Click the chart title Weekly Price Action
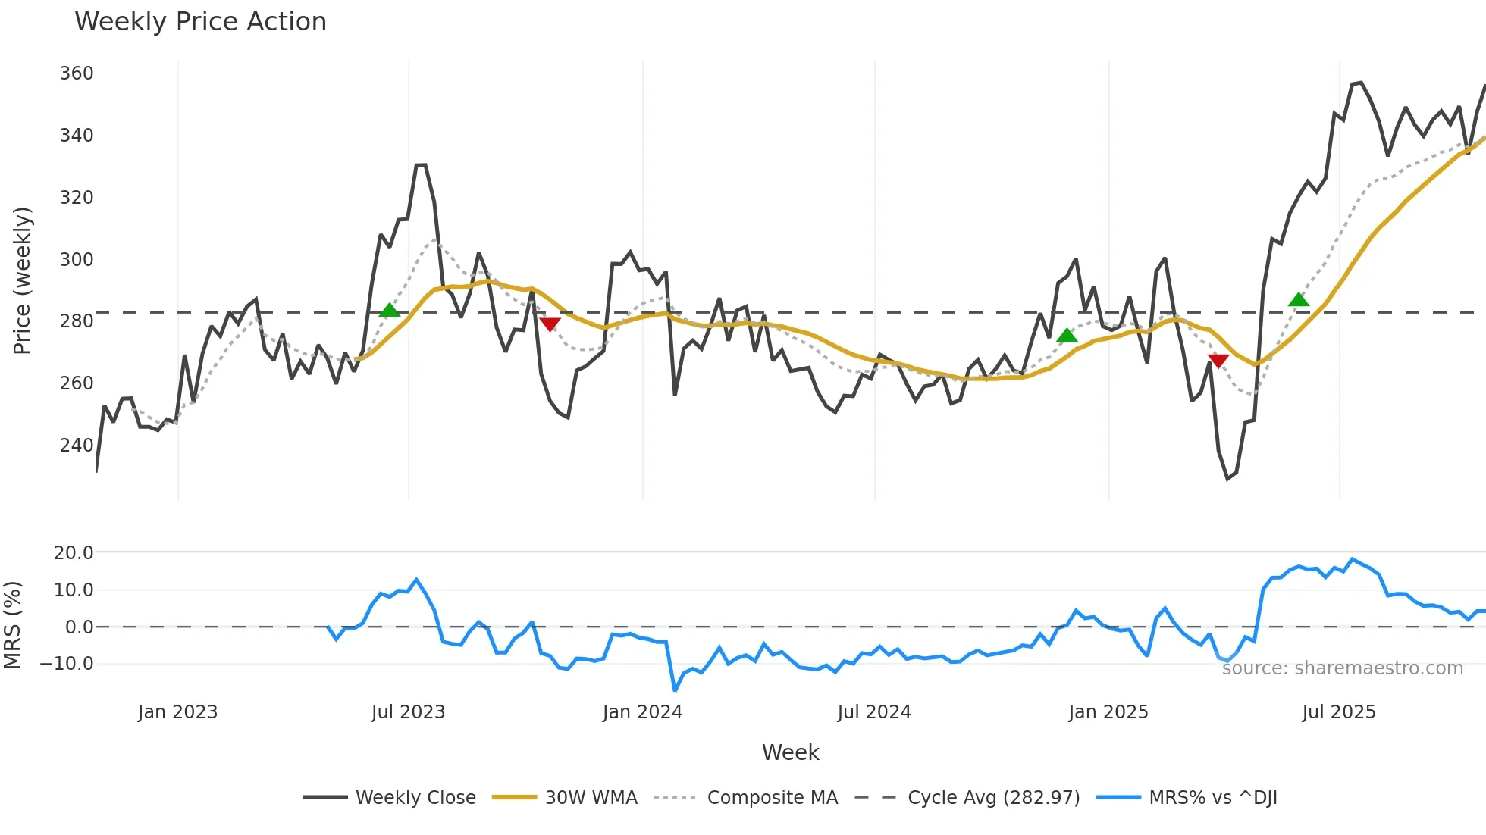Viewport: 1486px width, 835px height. pyautogui.click(x=200, y=22)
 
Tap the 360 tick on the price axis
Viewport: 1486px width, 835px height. pyautogui.click(x=77, y=73)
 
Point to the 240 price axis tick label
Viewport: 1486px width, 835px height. pyautogui.click(x=77, y=445)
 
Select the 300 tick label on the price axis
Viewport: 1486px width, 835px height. pyautogui.click(x=77, y=259)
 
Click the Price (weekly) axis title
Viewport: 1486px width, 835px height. pyautogui.click(x=22, y=280)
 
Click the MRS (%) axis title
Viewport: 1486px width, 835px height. pyautogui.click(x=13, y=625)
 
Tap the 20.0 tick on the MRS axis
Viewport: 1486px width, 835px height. pyautogui.click(x=74, y=553)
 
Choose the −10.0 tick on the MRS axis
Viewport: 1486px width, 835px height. pyautogui.click(x=67, y=664)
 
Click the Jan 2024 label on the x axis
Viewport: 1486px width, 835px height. pyautogui.click(x=642, y=712)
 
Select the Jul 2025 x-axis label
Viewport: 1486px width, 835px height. pyautogui.click(x=1338, y=712)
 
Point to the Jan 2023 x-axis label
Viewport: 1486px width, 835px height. pyautogui.click(x=177, y=712)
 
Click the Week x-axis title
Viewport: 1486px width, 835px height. pyautogui.click(x=790, y=752)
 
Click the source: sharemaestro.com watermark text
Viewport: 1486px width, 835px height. pyautogui.click(x=1342, y=668)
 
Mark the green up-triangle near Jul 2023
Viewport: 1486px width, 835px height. pyautogui.click(x=389, y=311)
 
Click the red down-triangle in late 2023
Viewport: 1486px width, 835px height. pyautogui.click(x=550, y=324)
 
